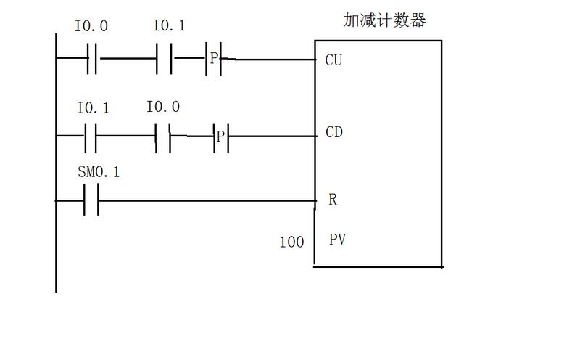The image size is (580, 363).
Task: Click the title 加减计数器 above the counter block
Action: pyautogui.click(x=384, y=20)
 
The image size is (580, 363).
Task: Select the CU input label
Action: pyautogui.click(x=333, y=60)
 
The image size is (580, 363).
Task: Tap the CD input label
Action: pyautogui.click(x=334, y=132)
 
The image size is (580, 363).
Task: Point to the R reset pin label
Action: pyautogui.click(x=333, y=200)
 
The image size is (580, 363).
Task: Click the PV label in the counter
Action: pyautogui.click(x=337, y=240)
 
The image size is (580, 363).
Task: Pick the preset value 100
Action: pyautogui.click(x=291, y=242)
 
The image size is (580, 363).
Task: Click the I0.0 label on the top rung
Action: pyautogui.click(x=91, y=26)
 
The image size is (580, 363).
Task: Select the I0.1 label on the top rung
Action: pyautogui.click(x=169, y=25)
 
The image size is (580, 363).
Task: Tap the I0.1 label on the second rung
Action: pyautogui.click(x=93, y=107)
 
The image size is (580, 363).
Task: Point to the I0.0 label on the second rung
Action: pyautogui.click(x=163, y=107)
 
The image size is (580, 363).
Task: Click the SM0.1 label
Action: pyautogui.click(x=99, y=172)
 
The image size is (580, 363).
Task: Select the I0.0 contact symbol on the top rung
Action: pyautogui.click(x=92, y=59)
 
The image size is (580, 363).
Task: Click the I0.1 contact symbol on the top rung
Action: pyautogui.click(x=164, y=59)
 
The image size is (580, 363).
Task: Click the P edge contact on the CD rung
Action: pyautogui.click(x=221, y=137)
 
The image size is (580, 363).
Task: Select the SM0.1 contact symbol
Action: pyautogui.click(x=91, y=200)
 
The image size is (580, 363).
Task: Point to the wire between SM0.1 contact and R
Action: pyautogui.click(x=207, y=201)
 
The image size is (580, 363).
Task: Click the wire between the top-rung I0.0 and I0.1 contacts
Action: pyautogui.click(x=128, y=59)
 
